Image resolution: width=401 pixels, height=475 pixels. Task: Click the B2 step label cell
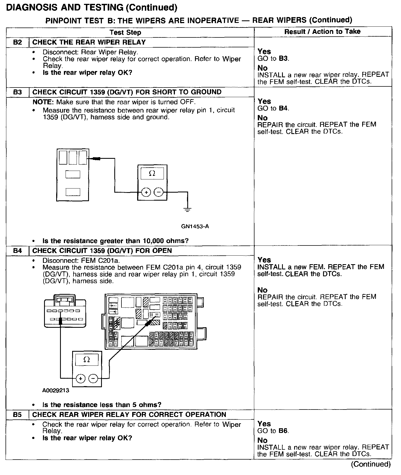click(x=17, y=42)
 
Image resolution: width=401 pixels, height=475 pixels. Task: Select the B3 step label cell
click(x=17, y=92)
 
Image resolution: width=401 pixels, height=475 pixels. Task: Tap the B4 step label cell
click(x=17, y=251)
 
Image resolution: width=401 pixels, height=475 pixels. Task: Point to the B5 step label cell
click(x=17, y=414)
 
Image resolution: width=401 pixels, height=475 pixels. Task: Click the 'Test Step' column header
click(x=125, y=32)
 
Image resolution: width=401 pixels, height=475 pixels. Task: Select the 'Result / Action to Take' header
click(x=322, y=32)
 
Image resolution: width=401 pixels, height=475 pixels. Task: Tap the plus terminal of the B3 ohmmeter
click(x=146, y=192)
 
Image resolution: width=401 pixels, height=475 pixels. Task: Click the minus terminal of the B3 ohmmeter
click(x=158, y=192)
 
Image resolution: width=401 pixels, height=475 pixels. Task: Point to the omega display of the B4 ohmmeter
click(x=86, y=359)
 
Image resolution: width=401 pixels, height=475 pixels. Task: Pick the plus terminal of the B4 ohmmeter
click(x=80, y=379)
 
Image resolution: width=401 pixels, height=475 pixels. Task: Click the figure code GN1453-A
click(x=195, y=226)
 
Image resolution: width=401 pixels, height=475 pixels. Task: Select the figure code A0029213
click(x=56, y=390)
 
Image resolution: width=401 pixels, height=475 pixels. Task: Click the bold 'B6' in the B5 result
click(x=283, y=431)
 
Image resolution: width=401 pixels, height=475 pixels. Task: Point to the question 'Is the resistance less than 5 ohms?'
click(x=102, y=405)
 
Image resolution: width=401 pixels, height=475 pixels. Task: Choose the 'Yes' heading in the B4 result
click(x=264, y=260)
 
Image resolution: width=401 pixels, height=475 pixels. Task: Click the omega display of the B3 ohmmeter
click(x=152, y=173)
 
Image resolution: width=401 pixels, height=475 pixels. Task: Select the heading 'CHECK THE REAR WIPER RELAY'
click(x=89, y=42)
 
